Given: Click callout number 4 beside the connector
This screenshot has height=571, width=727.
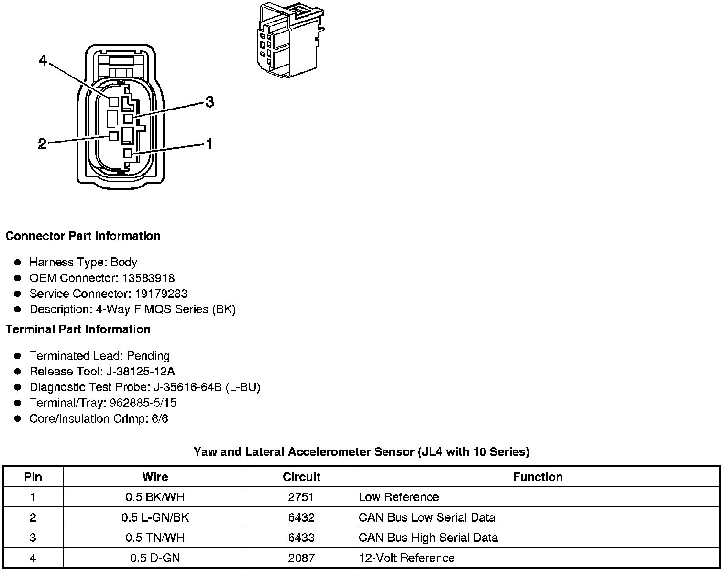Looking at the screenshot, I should [43, 61].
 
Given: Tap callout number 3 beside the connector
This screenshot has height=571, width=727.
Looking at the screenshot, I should [209, 102].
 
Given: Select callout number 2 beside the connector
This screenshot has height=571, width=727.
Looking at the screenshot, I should [43, 143].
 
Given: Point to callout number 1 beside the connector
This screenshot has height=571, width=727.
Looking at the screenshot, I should [209, 144].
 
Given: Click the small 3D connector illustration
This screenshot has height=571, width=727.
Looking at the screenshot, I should [288, 39].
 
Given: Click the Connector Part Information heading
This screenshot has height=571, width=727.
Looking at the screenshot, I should [83, 236].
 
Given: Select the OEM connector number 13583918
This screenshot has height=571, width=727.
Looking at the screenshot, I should [148, 278].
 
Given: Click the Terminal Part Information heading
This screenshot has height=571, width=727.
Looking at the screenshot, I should [78, 329].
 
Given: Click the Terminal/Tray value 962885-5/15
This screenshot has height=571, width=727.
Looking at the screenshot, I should [143, 403].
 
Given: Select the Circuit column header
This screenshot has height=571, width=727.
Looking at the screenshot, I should [301, 477].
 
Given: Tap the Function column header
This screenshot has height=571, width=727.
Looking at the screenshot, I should [538, 477].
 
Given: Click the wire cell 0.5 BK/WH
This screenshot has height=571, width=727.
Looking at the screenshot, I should [155, 497].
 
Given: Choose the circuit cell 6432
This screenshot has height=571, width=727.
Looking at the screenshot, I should [301, 517].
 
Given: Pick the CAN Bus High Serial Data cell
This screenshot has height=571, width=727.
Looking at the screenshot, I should [428, 538].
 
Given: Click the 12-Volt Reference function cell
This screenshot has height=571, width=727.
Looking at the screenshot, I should [407, 558].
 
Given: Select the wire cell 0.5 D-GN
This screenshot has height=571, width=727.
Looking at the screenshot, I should [155, 558].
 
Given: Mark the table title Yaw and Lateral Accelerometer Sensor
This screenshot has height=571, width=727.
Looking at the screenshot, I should [362, 452].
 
